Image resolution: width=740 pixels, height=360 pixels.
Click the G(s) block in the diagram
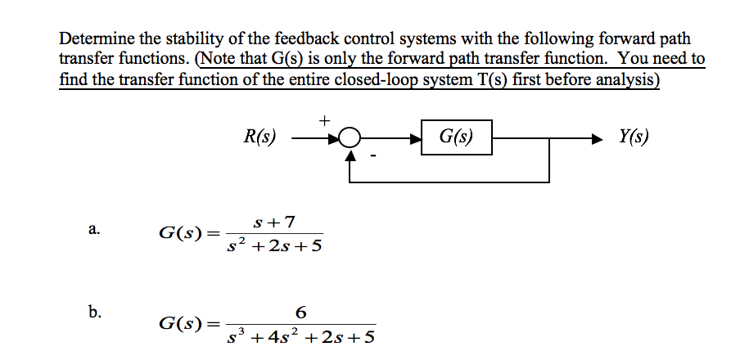point(457,137)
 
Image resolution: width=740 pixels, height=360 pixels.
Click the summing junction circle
point(350,138)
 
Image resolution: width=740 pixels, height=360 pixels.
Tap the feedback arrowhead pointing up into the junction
point(350,156)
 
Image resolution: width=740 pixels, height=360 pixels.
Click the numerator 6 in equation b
point(301,312)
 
